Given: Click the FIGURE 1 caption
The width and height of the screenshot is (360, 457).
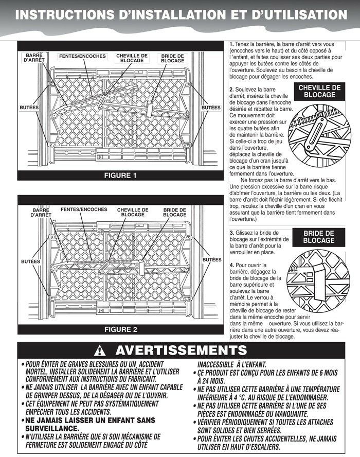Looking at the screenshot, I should [x=120, y=175].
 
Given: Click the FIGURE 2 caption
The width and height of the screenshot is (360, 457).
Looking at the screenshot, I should [x=121, y=329].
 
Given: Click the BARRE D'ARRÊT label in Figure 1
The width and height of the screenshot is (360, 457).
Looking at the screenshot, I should [x=34, y=58].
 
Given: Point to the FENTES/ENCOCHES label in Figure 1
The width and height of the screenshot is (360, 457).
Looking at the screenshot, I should [x=82, y=56].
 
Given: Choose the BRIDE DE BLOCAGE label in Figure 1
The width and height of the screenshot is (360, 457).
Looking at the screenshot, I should [x=172, y=58].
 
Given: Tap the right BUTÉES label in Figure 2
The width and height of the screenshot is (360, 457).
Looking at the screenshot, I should [x=211, y=260].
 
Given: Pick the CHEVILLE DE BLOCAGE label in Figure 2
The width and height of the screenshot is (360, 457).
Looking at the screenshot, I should [x=133, y=212].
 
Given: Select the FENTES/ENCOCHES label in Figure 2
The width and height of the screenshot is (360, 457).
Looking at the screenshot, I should [x=84, y=210].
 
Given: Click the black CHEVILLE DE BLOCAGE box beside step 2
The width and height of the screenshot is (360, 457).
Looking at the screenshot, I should [x=319, y=92].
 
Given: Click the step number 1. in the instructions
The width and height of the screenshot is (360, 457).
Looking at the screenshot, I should [x=231, y=45].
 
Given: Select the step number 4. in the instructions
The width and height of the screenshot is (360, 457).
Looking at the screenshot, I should [x=231, y=265].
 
